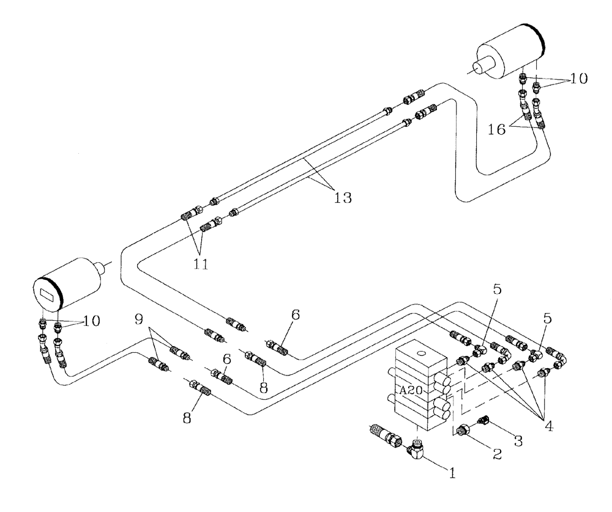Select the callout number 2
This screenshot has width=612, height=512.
pyautogui.click(x=497, y=454)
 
